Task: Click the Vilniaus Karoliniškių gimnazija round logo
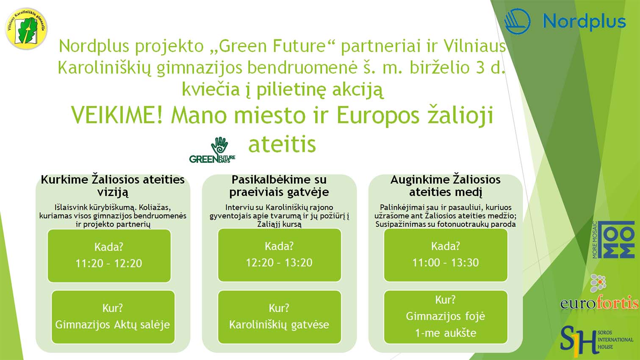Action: click(26, 28)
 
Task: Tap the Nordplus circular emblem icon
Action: click(518, 22)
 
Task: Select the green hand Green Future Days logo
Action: click(212, 150)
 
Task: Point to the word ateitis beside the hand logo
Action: click(282, 144)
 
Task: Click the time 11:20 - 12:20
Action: click(109, 263)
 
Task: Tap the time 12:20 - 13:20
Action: click(279, 263)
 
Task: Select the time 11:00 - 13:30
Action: click(446, 263)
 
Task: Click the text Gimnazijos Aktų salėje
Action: click(113, 324)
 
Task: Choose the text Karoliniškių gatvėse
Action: click(279, 324)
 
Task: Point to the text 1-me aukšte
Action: click(446, 333)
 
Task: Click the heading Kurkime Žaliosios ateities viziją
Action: click(113, 186)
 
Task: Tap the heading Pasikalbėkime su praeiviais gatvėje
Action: click(279, 186)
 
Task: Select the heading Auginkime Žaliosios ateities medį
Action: click(446, 186)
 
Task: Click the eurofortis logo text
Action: click(599, 303)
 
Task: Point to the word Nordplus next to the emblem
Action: click(584, 22)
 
